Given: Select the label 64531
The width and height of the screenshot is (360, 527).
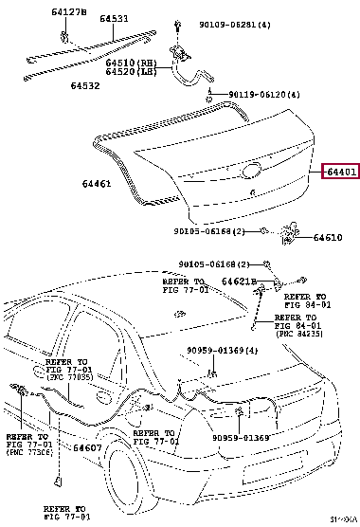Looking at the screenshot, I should (x=117, y=18).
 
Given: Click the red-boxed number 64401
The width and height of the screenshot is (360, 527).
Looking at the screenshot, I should (x=340, y=172).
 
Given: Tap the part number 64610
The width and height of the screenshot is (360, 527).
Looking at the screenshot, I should (x=329, y=239).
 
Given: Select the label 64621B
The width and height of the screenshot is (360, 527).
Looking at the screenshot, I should (x=241, y=282).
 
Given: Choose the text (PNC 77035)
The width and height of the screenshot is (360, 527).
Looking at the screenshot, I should (x=67, y=376).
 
